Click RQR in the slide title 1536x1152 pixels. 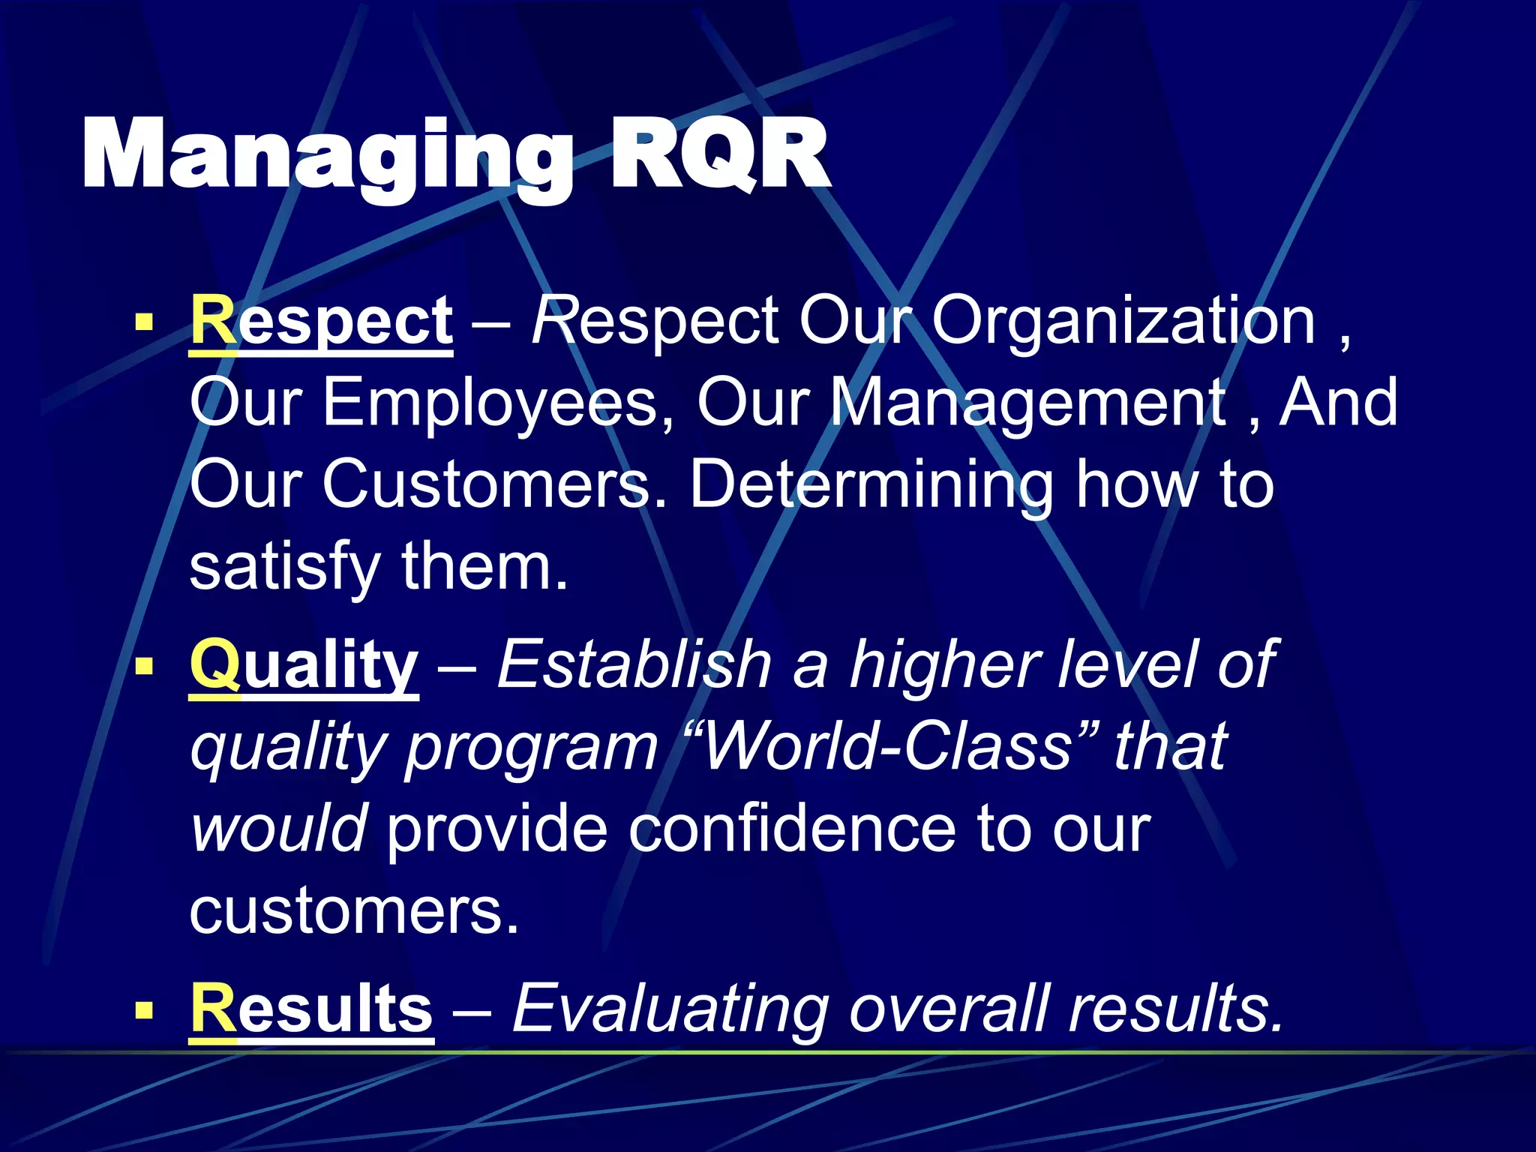[x=718, y=155]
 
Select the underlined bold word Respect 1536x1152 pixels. [x=321, y=322]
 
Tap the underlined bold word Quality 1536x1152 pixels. [x=304, y=666]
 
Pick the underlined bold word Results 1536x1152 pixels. [x=311, y=1009]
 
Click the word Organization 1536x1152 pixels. [x=1123, y=322]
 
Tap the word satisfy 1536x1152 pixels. [x=285, y=568]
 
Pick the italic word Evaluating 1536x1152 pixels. [x=670, y=1010]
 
